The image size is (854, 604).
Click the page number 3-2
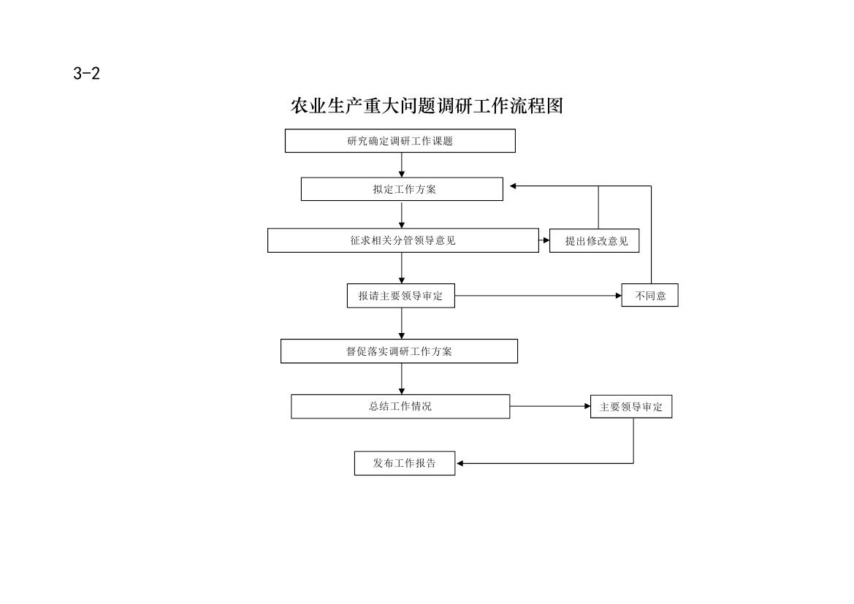[87, 74]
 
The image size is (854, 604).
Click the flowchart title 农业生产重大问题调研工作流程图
[427, 106]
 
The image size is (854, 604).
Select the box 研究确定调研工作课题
[400, 141]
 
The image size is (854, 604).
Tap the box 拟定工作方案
[402, 189]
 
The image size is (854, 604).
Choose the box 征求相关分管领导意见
[403, 240]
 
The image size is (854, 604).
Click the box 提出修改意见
[594, 241]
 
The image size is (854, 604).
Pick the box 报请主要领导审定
[401, 296]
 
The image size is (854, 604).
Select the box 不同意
[649, 295]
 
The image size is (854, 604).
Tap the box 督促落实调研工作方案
[399, 351]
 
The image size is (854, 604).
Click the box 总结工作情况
[400, 406]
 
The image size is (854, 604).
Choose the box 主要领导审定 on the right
[631, 407]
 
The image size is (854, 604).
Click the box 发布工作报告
[405, 463]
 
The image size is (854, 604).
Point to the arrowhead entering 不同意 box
[618, 296]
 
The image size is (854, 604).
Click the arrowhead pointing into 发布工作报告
[460, 464]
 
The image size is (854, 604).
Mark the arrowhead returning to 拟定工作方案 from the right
[513, 186]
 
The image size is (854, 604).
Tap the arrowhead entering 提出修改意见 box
[546, 240]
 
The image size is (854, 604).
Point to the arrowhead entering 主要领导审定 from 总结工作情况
[587, 406]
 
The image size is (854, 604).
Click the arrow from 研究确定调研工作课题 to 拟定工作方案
[402, 165]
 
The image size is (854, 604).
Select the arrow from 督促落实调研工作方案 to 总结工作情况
[402, 379]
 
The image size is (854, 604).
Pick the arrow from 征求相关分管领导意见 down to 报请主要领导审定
[402, 268]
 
